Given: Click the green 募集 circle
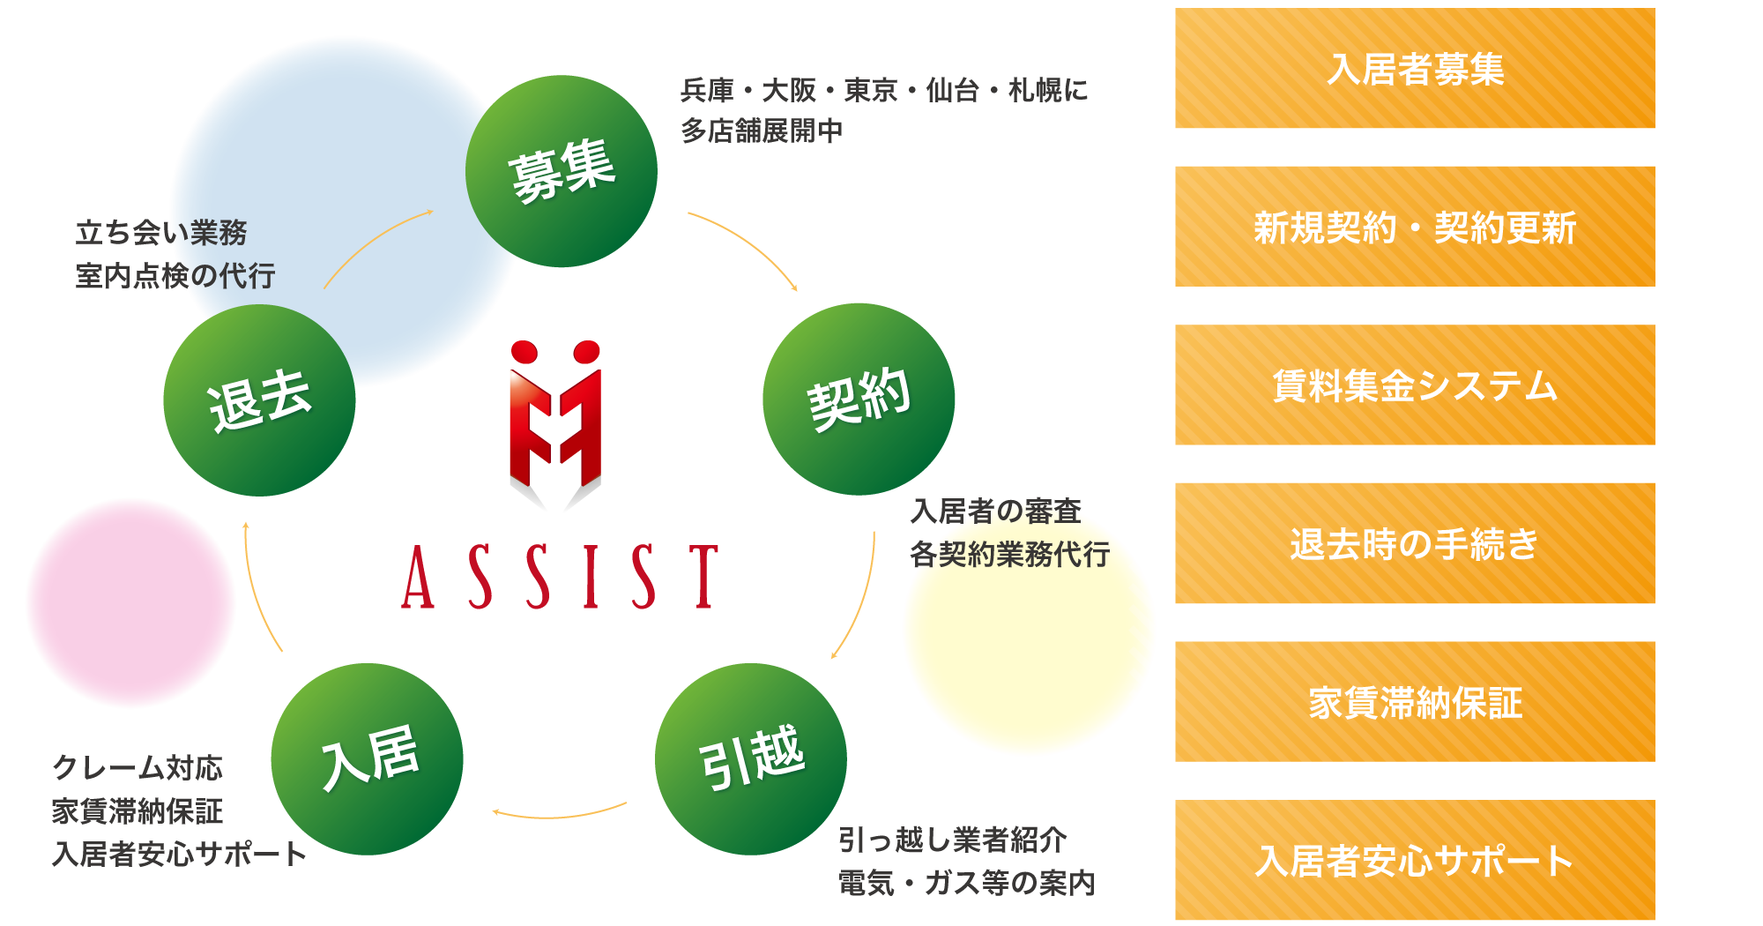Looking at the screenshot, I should coord(562,171).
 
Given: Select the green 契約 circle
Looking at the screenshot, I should coord(859,399).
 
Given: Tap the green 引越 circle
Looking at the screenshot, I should coord(751,758).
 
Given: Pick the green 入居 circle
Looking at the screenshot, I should coord(368,758).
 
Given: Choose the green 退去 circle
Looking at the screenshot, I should coord(259,400).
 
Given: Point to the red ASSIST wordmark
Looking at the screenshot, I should coord(561,577).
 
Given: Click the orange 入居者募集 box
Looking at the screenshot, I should coord(1415,69).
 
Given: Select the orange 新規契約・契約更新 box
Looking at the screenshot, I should coord(1415,227).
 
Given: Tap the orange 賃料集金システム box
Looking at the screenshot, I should coord(1415,385).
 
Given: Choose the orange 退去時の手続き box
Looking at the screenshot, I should coord(1415,543).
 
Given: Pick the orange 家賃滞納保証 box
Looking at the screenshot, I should coord(1415,702).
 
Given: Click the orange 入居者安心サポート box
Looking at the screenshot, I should coord(1415,860).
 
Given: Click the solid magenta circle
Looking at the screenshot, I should coord(130,603).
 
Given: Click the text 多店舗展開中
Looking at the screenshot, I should coord(762,131).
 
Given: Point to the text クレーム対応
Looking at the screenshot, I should coord(138,768).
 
